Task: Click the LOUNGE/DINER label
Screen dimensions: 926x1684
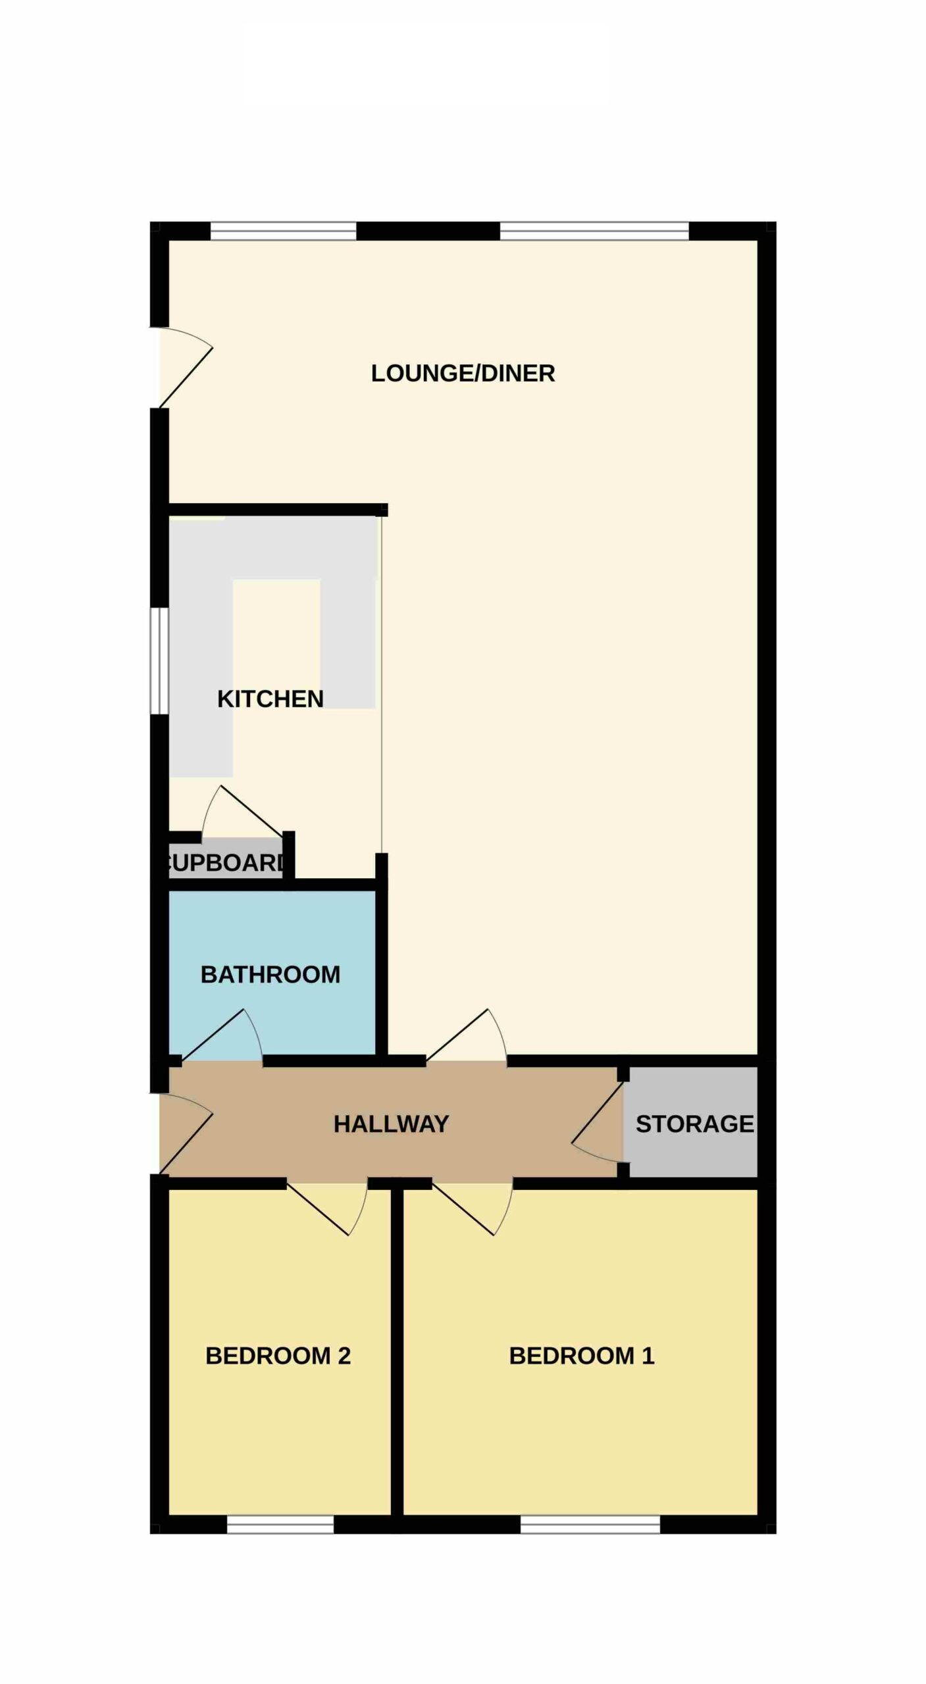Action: tap(463, 373)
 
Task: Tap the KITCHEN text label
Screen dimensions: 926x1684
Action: tap(270, 699)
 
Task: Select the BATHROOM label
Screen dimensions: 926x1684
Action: tap(270, 974)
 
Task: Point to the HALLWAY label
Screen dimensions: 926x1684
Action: tap(392, 1124)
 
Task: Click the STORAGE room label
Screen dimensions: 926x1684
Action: tap(695, 1124)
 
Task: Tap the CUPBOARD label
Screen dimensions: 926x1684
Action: tap(228, 862)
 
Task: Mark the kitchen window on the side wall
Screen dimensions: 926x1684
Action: tap(159, 660)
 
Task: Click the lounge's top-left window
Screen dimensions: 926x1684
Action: tap(283, 231)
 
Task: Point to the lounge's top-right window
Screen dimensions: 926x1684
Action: tap(594, 231)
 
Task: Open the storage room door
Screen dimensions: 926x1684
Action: tap(598, 1122)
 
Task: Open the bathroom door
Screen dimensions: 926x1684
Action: tap(222, 1035)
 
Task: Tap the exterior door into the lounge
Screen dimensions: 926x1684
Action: tap(186, 367)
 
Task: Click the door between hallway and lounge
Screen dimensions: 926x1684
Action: tap(467, 1035)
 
